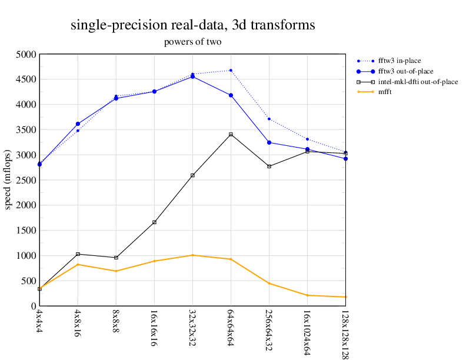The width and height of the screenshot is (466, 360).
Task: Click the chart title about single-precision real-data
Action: tap(192, 25)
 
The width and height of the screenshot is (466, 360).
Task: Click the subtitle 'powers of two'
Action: tap(192, 42)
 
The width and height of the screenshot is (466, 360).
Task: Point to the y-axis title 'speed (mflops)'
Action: tap(8, 180)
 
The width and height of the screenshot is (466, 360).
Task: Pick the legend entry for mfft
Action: tap(386, 92)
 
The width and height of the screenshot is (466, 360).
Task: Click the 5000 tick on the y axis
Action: tap(26, 54)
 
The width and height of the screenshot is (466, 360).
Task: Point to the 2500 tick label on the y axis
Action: tap(26, 180)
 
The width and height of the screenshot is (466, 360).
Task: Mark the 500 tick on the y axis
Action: tap(28, 281)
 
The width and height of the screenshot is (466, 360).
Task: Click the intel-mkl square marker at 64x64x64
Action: tap(231, 135)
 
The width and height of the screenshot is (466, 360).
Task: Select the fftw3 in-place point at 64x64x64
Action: tap(231, 71)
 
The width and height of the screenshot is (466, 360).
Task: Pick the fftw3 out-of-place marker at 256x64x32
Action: tap(269, 142)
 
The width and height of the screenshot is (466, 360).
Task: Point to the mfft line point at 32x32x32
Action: tap(192, 255)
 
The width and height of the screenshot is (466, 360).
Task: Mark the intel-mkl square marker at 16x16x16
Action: tap(154, 222)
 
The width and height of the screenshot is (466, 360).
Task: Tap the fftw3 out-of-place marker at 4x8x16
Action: tap(78, 124)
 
